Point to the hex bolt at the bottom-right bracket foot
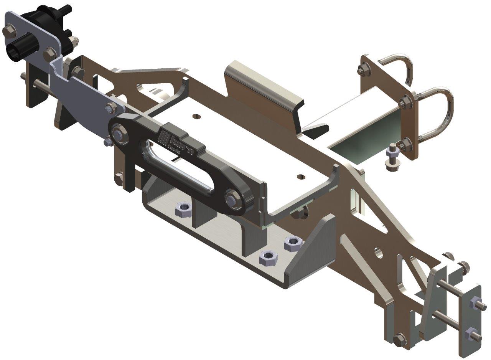(x=399, y=339)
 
